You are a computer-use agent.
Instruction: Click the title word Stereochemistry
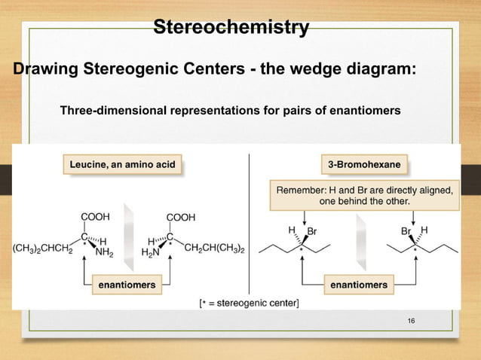pyautogui.click(x=231, y=28)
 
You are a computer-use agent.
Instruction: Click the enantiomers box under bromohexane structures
pyautogui.click(x=359, y=285)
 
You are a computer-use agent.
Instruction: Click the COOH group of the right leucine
pyautogui.click(x=182, y=217)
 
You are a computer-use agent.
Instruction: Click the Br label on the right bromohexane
pyautogui.click(x=407, y=230)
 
